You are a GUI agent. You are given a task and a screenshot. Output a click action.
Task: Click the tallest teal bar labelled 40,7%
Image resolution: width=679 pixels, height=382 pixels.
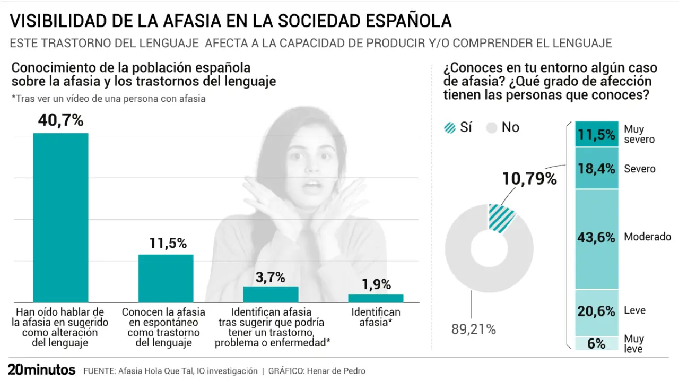tap(60, 218)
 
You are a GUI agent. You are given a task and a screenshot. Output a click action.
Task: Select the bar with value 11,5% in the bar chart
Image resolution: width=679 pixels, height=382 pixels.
tap(166, 279)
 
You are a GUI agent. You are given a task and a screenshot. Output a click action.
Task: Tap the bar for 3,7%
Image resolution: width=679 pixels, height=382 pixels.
tap(271, 294)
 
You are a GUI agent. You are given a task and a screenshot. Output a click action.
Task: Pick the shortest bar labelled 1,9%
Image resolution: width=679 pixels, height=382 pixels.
tap(376, 298)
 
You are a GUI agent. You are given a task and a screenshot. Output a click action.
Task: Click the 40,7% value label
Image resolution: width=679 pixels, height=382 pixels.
tap(60, 120)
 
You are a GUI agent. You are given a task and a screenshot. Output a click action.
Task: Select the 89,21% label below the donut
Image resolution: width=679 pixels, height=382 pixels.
tap(474, 329)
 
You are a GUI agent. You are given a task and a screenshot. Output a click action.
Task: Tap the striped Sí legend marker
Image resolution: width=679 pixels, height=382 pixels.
tap(450, 128)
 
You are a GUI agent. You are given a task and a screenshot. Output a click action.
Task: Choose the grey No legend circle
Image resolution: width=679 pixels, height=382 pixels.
tap(492, 128)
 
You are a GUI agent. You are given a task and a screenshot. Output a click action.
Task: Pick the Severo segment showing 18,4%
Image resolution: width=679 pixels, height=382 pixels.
tap(596, 169)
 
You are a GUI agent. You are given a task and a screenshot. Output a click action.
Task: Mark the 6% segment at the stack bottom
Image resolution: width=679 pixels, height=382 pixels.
tap(596, 343)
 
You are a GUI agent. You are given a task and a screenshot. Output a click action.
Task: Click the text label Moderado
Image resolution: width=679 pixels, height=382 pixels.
tap(647, 237)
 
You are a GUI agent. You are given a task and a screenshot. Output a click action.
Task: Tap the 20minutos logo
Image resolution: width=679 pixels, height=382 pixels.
tap(41, 370)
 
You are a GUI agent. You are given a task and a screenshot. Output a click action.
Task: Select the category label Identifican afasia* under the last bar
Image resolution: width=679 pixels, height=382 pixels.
tap(376, 317)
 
